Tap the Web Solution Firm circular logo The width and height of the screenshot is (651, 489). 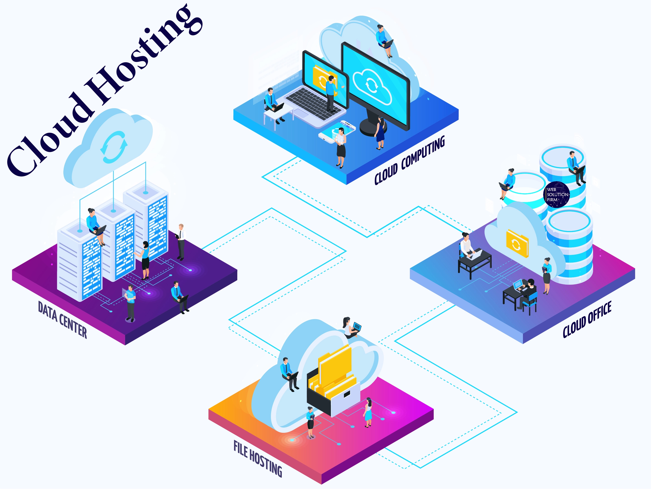click(x=556, y=194)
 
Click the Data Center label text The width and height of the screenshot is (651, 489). click(x=62, y=320)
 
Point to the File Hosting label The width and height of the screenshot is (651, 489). click(x=258, y=458)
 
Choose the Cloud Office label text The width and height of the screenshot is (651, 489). click(x=587, y=319)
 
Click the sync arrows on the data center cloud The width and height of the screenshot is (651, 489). click(x=114, y=147)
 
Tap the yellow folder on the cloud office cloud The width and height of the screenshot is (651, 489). click(x=517, y=243)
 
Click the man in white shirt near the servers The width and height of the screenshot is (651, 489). click(x=181, y=242)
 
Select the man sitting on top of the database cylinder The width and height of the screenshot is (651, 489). click(x=576, y=168)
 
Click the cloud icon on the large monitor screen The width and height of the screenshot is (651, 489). click(x=373, y=85)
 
